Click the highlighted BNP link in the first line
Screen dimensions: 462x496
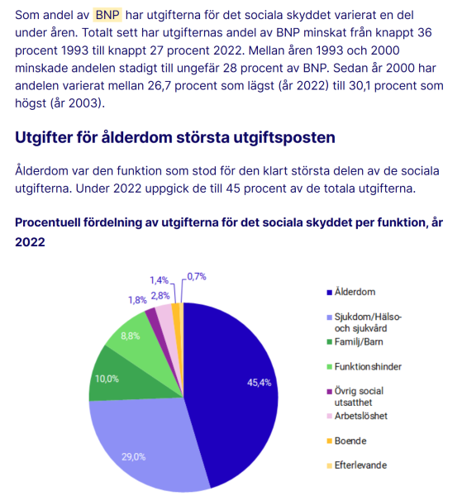pos(107,15)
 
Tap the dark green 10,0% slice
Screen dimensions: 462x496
pos(126,376)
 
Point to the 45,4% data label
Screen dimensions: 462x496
pos(260,383)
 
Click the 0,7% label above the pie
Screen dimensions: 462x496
pos(197,277)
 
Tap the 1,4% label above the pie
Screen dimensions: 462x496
pos(159,280)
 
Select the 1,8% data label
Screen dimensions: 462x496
pos(137,300)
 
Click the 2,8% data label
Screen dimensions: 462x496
pos(160,296)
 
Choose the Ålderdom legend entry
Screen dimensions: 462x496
pos(351,292)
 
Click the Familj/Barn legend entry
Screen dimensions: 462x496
pos(355,341)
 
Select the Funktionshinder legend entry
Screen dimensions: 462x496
pos(364,366)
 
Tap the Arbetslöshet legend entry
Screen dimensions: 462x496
pos(357,416)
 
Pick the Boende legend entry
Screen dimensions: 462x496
pos(346,441)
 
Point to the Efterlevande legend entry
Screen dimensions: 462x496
pos(357,465)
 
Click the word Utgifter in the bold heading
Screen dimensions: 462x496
pos(44,137)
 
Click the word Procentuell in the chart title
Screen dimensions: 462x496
pos(47,222)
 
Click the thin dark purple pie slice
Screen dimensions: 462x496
pos(152,315)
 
